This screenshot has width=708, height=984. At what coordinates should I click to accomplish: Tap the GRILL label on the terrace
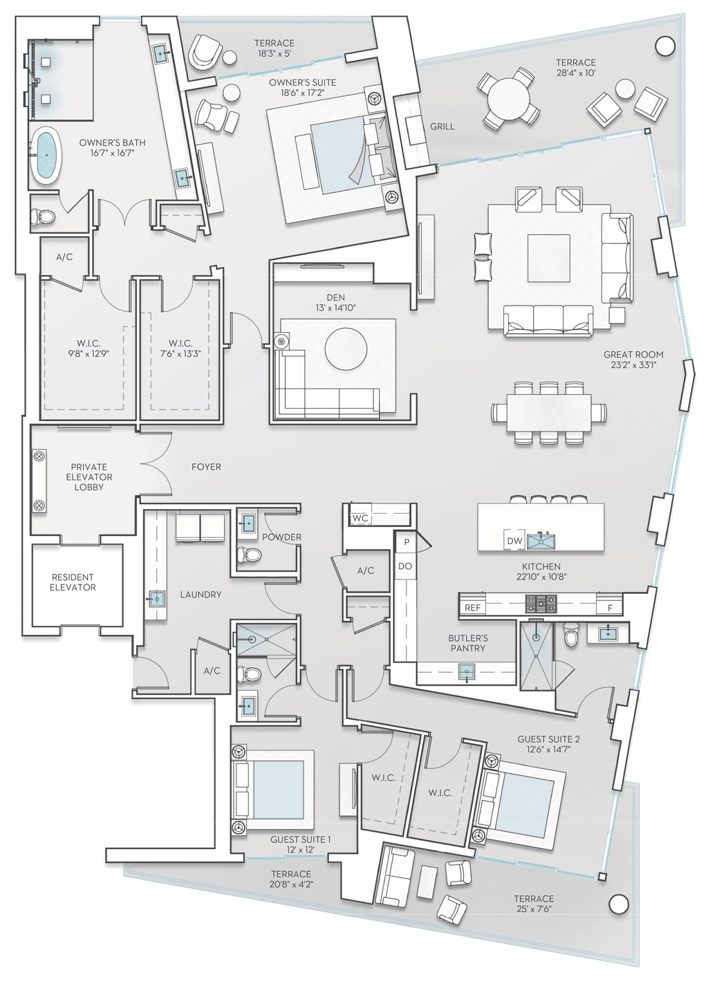click(x=442, y=127)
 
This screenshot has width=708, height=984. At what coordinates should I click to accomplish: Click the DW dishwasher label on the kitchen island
click(x=514, y=541)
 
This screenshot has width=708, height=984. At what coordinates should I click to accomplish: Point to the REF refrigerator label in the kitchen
click(x=473, y=608)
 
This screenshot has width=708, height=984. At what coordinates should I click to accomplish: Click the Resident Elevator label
click(x=73, y=582)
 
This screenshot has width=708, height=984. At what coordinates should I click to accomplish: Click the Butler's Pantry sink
click(x=467, y=671)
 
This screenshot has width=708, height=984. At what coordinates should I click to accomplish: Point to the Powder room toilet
click(x=249, y=555)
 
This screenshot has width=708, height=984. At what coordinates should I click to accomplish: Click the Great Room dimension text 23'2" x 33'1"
click(x=633, y=364)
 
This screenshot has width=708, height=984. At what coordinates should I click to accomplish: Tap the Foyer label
click(x=206, y=467)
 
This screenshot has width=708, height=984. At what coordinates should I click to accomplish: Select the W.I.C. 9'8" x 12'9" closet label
click(x=88, y=348)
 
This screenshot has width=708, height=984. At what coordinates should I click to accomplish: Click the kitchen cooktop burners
click(x=539, y=605)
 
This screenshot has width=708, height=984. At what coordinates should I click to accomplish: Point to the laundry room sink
click(x=157, y=599)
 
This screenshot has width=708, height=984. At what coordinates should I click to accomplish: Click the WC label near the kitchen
click(x=360, y=518)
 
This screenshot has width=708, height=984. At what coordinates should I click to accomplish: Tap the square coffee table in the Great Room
click(x=549, y=258)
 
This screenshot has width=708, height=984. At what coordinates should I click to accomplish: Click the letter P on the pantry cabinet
click(x=407, y=542)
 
